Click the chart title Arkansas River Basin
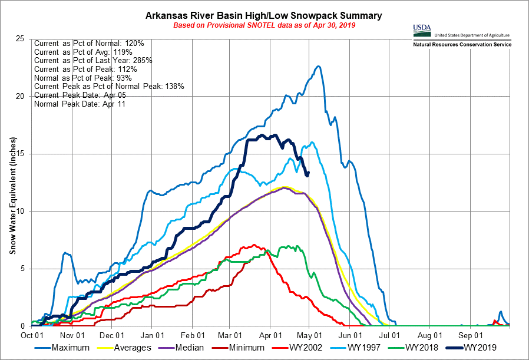pos(264,15)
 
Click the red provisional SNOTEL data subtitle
pos(264,25)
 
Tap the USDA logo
pos(422,29)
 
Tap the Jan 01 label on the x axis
pos(152,334)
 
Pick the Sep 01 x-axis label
pos(471,334)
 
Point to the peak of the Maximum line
pos(318,67)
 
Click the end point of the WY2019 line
pos(308,173)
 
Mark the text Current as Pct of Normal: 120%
pos(93,44)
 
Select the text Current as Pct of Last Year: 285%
pos(93,61)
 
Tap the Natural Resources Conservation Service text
pos(462,45)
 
